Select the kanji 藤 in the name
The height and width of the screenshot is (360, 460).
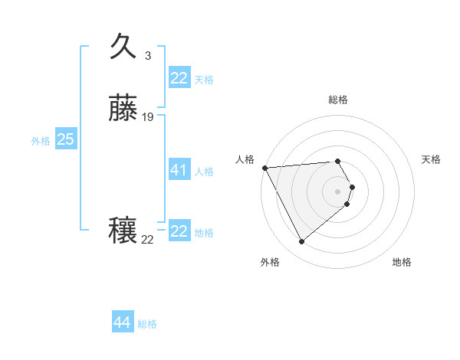pos(124,110)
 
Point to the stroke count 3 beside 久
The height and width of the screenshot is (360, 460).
pos(147,56)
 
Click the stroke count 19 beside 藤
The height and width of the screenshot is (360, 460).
pos(148,117)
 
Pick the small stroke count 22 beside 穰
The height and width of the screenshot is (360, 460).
pos(148,240)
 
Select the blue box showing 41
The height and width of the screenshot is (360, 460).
pos(179,170)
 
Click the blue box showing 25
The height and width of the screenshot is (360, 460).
pos(65,139)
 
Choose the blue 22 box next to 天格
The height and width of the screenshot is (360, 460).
pos(179,78)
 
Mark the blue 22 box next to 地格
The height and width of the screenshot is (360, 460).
pos(179,231)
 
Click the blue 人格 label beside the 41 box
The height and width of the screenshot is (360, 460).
pos(204,172)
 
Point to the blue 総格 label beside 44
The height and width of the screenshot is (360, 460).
pos(147,324)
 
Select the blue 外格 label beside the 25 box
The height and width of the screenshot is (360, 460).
pos(41,141)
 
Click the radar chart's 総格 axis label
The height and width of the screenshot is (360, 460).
pos(338,100)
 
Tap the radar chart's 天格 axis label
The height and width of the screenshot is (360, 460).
pos(432,159)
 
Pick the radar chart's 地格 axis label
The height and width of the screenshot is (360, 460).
pos(402,262)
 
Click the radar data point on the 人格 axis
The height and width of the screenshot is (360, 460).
pos(264,168)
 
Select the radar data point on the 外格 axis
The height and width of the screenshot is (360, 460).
pos(301,242)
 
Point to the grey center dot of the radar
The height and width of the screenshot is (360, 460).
pos(338,191)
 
